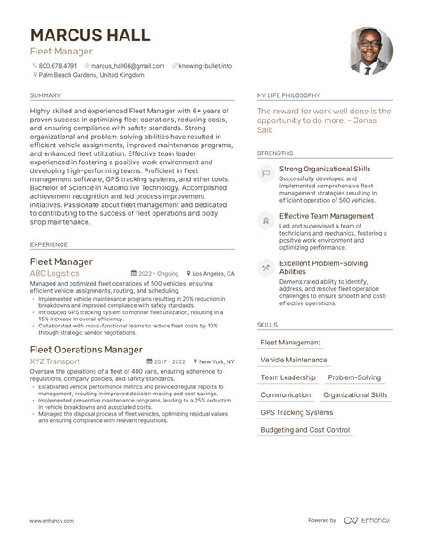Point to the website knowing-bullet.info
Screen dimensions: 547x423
(x=205, y=65)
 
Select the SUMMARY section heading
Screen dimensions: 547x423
(x=46, y=95)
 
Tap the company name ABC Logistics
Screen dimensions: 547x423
(x=55, y=274)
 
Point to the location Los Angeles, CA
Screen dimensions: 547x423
(x=213, y=274)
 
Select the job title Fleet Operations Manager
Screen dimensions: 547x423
(x=87, y=349)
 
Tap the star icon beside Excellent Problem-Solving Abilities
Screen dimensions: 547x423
(x=266, y=267)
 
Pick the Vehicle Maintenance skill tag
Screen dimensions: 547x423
(x=294, y=360)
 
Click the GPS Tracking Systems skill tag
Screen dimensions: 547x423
(x=296, y=412)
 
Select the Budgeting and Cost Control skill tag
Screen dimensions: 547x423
(x=305, y=430)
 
